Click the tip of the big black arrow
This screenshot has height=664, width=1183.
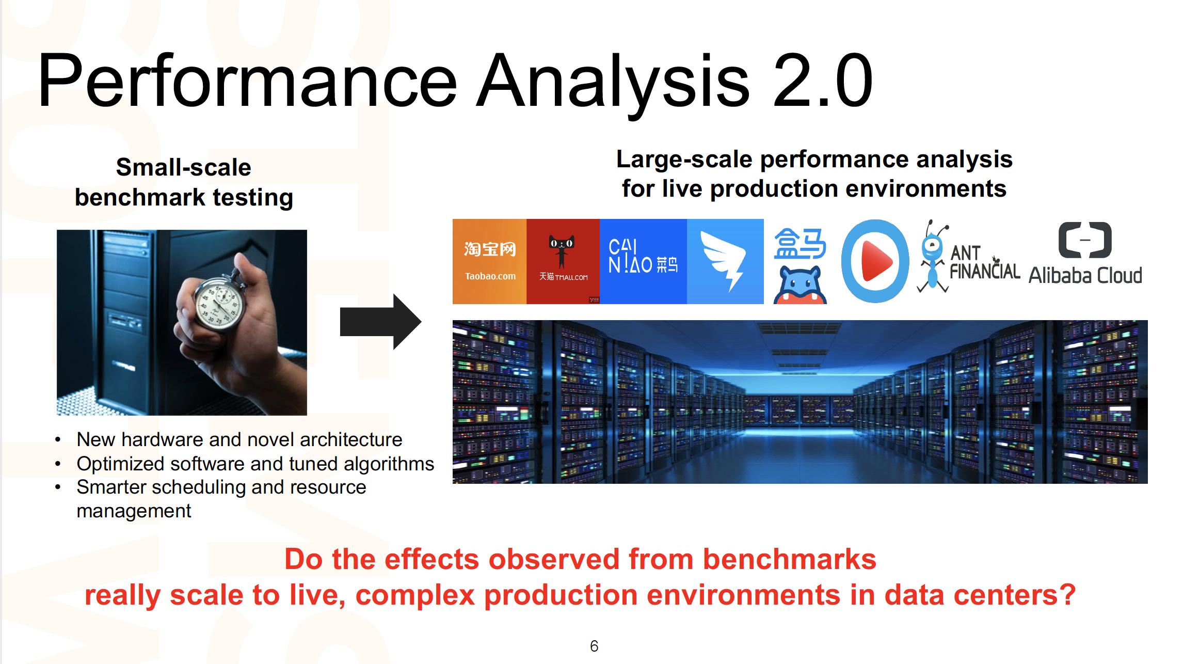tap(421, 322)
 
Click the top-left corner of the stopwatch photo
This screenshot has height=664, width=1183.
tap(57, 230)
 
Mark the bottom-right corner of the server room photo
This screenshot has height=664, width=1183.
tap(1147, 483)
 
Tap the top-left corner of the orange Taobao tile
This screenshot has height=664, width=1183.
tap(453, 219)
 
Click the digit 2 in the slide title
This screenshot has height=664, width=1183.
tap(796, 81)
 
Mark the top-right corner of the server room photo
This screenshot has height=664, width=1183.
tap(1147, 321)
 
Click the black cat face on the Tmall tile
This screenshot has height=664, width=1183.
tap(562, 243)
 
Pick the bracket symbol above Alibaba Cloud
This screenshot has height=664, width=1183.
tap(1085, 240)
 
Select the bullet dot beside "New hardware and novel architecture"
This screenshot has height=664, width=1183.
tap(58, 440)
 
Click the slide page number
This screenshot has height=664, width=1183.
tap(594, 646)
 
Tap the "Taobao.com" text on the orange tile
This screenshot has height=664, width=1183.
tap(490, 276)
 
